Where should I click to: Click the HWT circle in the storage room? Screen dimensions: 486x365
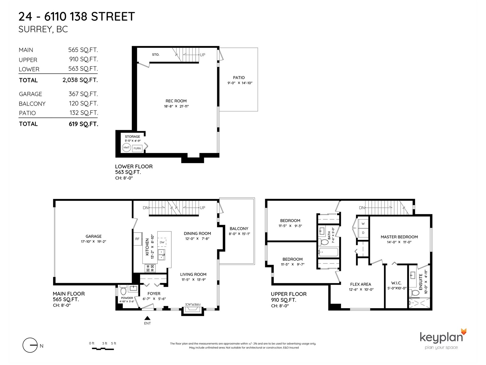point(126,148)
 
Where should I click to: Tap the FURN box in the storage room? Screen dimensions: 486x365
point(137,148)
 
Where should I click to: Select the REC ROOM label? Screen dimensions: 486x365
point(176,101)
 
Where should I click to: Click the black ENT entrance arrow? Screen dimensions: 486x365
point(147,318)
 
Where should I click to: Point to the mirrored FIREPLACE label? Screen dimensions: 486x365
point(193,304)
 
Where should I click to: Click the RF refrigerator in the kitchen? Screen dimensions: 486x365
point(138,239)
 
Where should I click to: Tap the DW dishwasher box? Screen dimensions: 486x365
point(162,242)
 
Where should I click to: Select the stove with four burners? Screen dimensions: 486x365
point(150,268)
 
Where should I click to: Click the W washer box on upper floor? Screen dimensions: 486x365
point(363,223)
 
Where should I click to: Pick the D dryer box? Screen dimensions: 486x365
point(363,233)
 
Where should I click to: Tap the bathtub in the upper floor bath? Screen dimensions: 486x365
point(328,252)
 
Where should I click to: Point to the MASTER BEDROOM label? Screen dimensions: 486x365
point(399,237)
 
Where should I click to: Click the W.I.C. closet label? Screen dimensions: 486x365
point(396,283)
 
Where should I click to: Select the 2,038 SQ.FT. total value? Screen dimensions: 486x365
point(80,80)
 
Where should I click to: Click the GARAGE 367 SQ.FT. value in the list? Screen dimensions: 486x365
point(83,94)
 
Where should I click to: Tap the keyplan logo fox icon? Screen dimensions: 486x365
point(464,332)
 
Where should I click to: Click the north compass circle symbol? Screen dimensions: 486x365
point(30,345)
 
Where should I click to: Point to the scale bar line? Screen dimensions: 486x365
point(103,349)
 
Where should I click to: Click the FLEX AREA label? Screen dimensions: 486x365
point(361,284)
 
